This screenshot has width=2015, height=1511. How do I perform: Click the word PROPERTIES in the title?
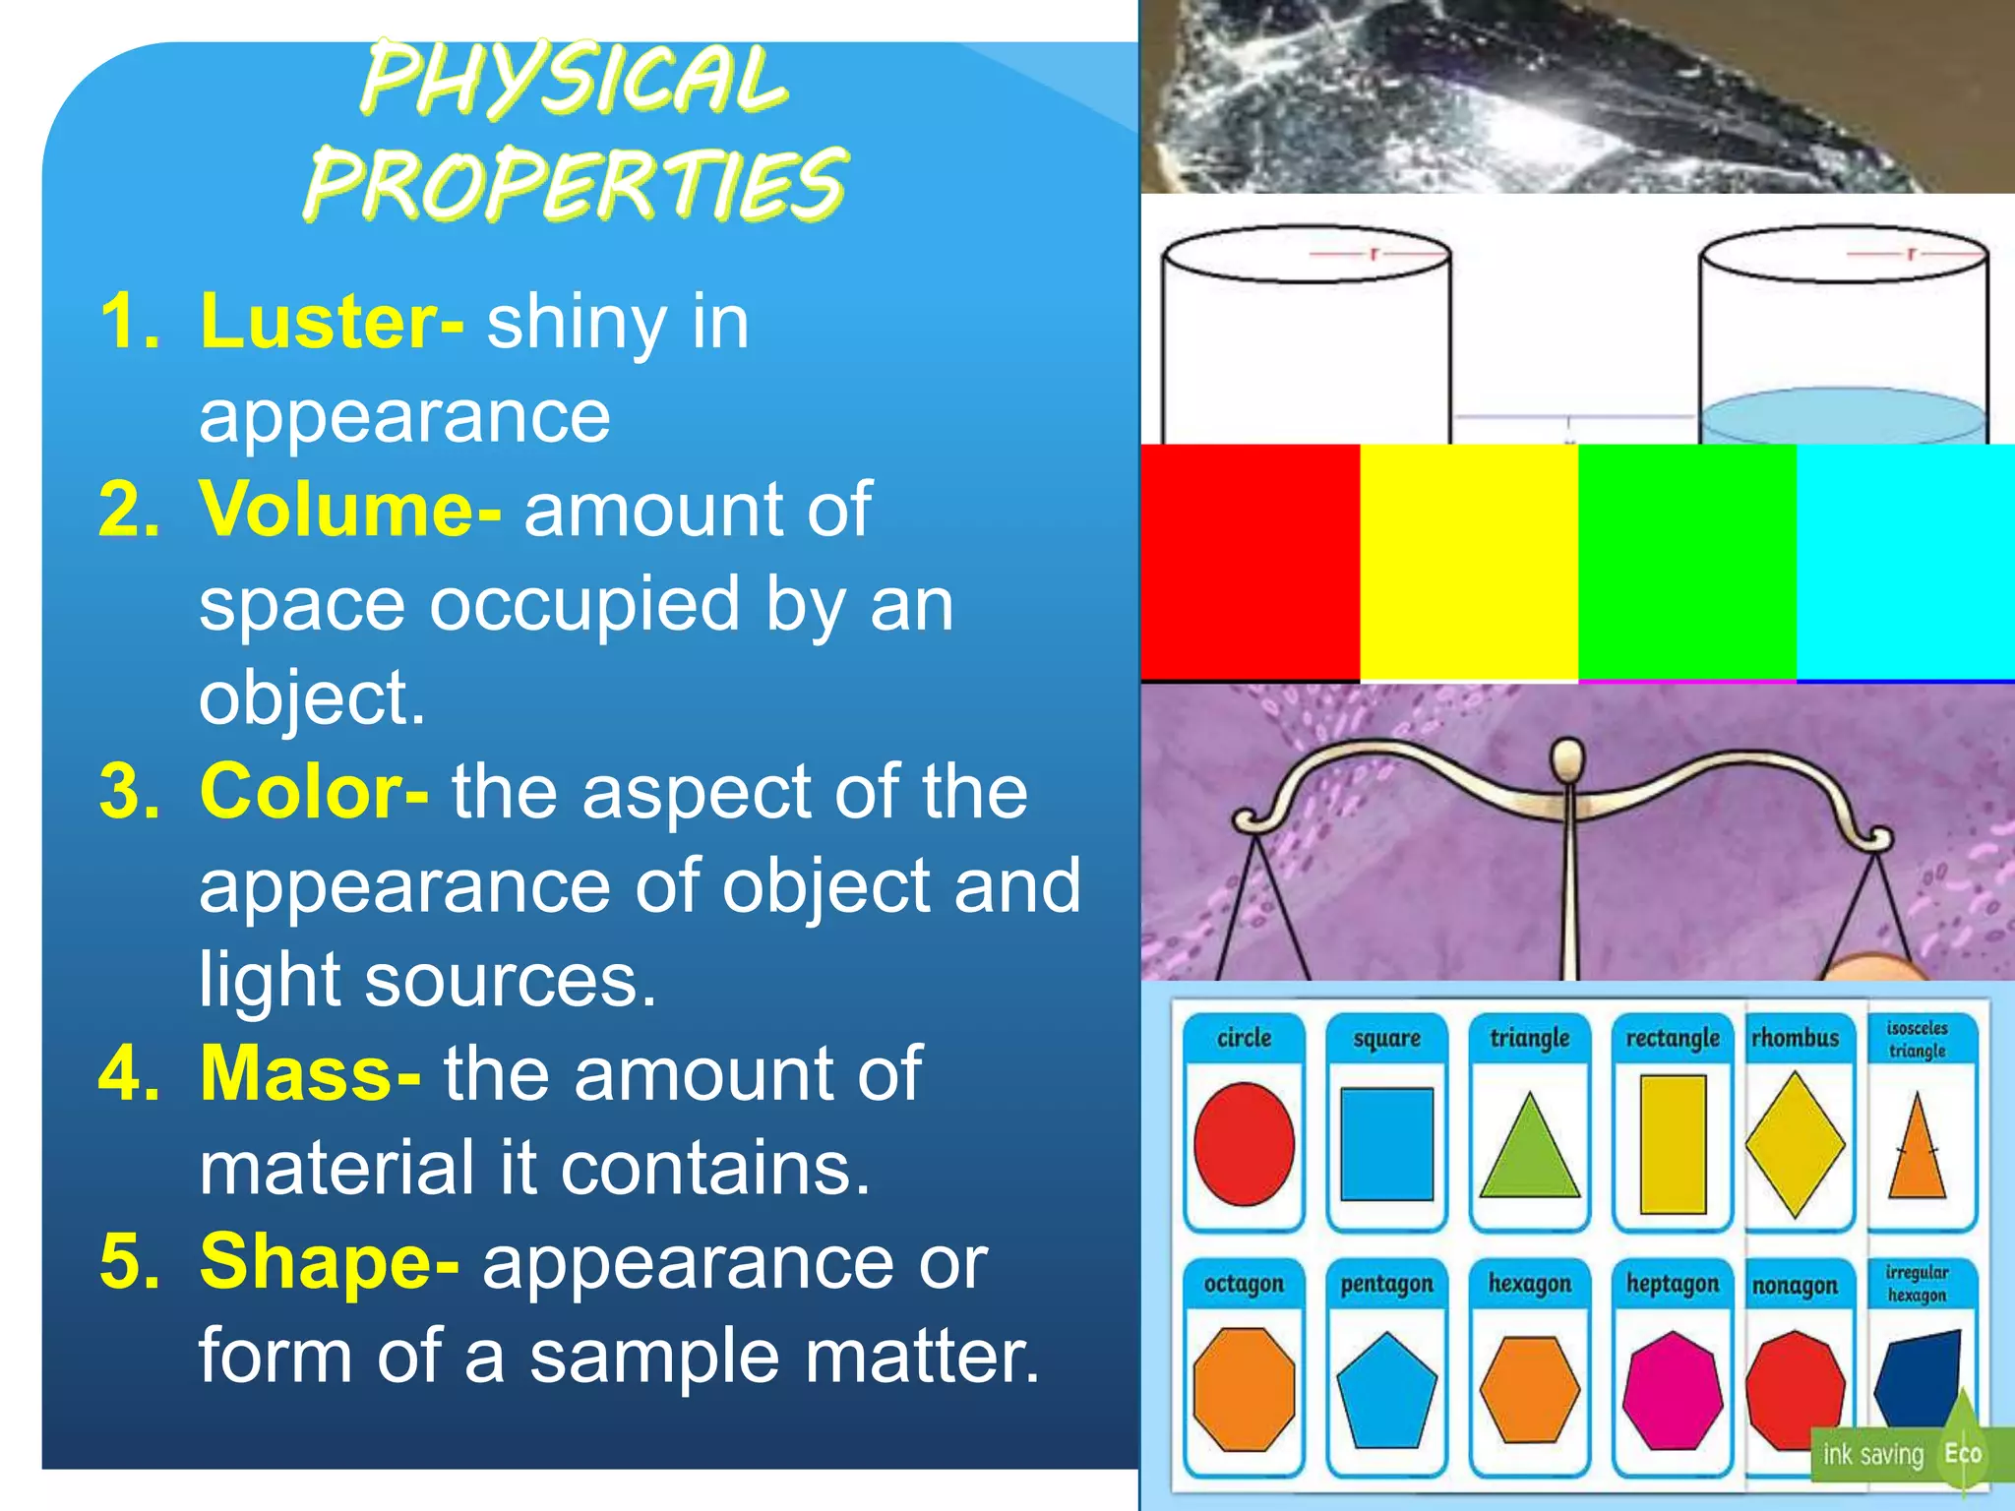tap(575, 184)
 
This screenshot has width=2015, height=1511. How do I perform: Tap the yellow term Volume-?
tap(350, 510)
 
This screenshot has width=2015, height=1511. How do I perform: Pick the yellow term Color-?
tap(314, 791)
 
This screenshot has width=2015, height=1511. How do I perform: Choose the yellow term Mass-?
tap(310, 1073)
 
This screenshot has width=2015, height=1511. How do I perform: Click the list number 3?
tap(128, 791)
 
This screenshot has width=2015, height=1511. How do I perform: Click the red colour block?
tap(1250, 561)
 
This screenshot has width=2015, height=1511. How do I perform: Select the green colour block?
tap(1686, 561)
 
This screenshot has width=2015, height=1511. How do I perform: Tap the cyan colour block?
tap(1905, 561)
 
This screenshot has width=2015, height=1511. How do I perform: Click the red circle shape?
tap(1244, 1144)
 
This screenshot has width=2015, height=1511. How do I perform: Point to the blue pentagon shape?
tap(1386, 1389)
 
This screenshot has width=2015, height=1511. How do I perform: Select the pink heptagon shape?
tap(1672, 1390)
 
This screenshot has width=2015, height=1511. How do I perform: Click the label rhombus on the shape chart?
tap(1795, 1039)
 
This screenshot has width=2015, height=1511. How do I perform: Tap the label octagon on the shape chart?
tap(1244, 1285)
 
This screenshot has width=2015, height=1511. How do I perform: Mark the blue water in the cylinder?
tap(1842, 417)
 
